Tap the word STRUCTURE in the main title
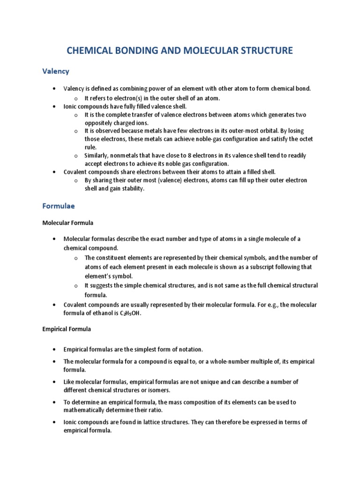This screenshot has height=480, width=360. (263, 50)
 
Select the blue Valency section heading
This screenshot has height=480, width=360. (56, 71)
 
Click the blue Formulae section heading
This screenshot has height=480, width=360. (59, 206)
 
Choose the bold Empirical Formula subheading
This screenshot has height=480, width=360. (67, 329)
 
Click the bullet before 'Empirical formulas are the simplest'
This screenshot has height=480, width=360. (55, 350)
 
